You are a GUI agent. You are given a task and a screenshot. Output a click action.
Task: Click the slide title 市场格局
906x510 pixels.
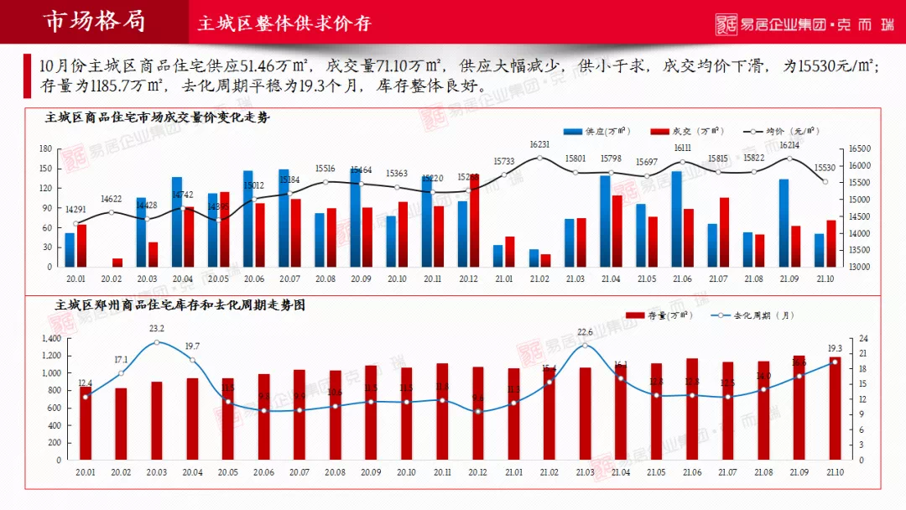tap(94, 21)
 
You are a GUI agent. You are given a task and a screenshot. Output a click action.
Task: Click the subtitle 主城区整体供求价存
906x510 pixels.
tap(284, 23)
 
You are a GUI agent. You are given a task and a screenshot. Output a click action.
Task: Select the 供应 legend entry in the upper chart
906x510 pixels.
tap(596, 132)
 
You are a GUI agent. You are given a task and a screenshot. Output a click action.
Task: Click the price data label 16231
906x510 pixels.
tap(539, 144)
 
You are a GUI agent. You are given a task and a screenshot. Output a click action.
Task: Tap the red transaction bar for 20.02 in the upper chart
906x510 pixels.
tap(117, 262)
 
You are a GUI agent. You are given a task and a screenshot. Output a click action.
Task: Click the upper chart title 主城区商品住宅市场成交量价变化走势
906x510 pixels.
tap(157, 117)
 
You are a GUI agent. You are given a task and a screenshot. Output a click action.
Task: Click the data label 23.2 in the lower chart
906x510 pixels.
tap(157, 329)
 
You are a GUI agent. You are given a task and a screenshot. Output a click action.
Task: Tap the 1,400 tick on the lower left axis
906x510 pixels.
tap(51, 339)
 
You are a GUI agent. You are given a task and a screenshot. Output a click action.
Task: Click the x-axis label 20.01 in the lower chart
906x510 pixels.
tap(86, 472)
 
